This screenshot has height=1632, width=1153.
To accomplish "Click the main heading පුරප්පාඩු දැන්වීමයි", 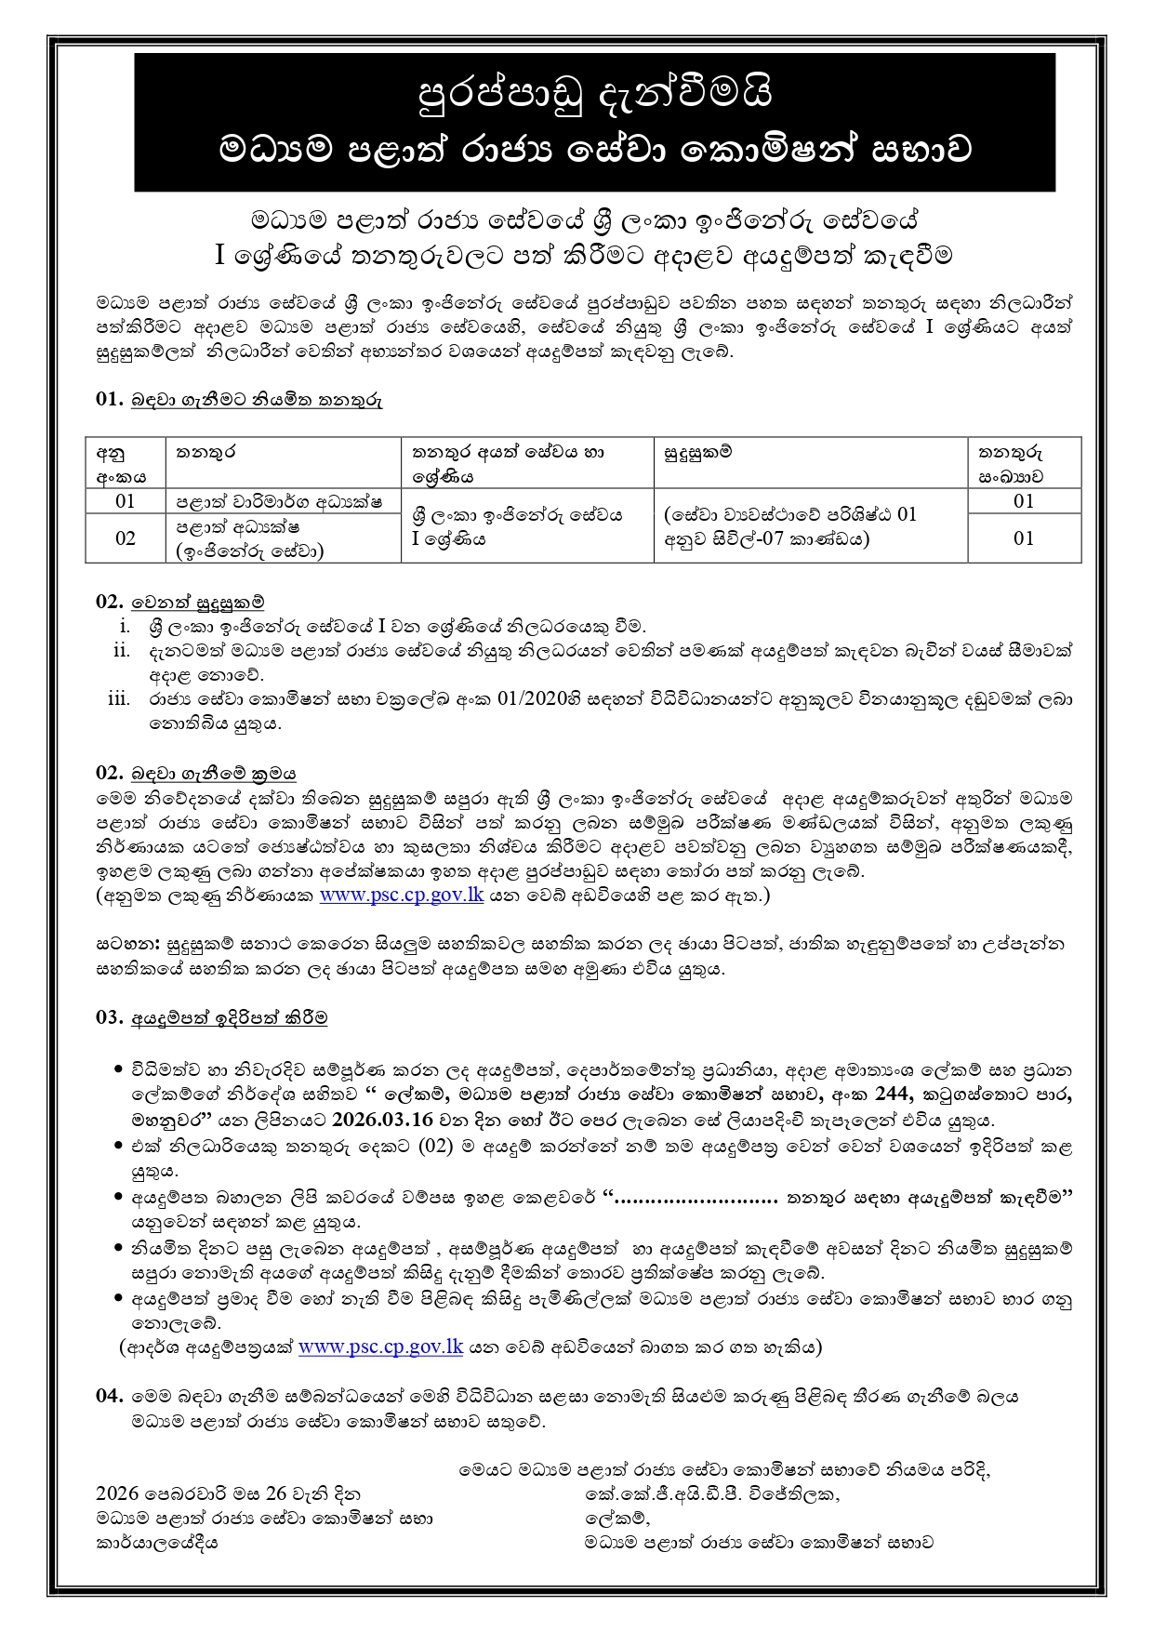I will coord(594,93).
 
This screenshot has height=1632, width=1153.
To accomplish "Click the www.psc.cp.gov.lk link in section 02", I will coord(401,895).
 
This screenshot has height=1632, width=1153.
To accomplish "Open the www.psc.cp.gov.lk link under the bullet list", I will coord(380,1347).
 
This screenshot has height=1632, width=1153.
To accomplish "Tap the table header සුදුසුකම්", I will coord(697,452).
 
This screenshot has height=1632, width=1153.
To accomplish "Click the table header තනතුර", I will coord(205,452).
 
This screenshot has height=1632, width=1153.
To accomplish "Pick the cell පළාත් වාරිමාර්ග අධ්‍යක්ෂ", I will coord(279,501).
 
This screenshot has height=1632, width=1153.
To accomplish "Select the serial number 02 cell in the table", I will coord(126,538).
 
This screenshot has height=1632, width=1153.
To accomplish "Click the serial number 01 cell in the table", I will coord(126,501).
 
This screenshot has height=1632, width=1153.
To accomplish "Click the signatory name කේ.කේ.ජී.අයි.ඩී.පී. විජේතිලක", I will coord(711,1494).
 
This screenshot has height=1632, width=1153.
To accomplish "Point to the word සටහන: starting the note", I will coord(128,944).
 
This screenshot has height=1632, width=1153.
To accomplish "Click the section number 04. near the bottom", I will coord(109,1396).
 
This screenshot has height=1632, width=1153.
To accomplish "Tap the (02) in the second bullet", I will coord(435,1146).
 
